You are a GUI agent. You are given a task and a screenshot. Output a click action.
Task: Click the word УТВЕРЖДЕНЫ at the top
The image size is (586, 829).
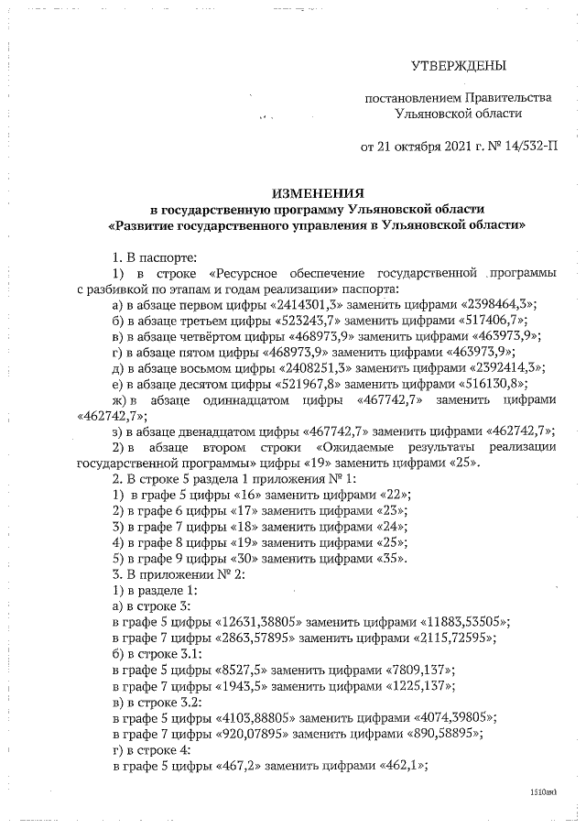coord(458,65)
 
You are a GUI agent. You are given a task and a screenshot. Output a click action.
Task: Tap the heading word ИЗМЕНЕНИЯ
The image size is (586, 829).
coord(318,192)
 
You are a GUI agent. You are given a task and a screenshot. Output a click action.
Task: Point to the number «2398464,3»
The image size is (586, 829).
coord(492,304)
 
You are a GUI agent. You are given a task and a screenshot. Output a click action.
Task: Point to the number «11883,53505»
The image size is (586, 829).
coord(463,620)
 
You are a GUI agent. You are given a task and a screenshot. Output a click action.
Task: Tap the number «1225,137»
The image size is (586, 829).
coord(417,683)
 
